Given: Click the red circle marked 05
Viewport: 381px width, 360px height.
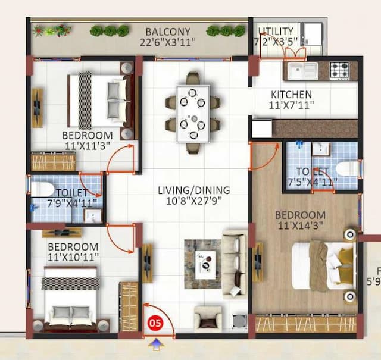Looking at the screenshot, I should click(x=155, y=324).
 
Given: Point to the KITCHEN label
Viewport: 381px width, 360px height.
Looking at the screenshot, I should click(x=291, y=95).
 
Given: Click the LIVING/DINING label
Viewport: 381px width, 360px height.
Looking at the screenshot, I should click(x=193, y=190).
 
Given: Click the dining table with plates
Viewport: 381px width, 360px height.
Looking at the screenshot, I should click(x=193, y=113).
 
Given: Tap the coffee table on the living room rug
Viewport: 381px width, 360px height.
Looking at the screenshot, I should click(x=205, y=264).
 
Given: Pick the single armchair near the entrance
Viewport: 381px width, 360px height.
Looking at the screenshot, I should click(x=207, y=320).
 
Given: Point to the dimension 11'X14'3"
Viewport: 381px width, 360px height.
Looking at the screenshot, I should click(x=300, y=226).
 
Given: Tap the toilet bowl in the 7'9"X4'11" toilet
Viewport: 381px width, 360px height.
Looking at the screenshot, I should click(x=41, y=190).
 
